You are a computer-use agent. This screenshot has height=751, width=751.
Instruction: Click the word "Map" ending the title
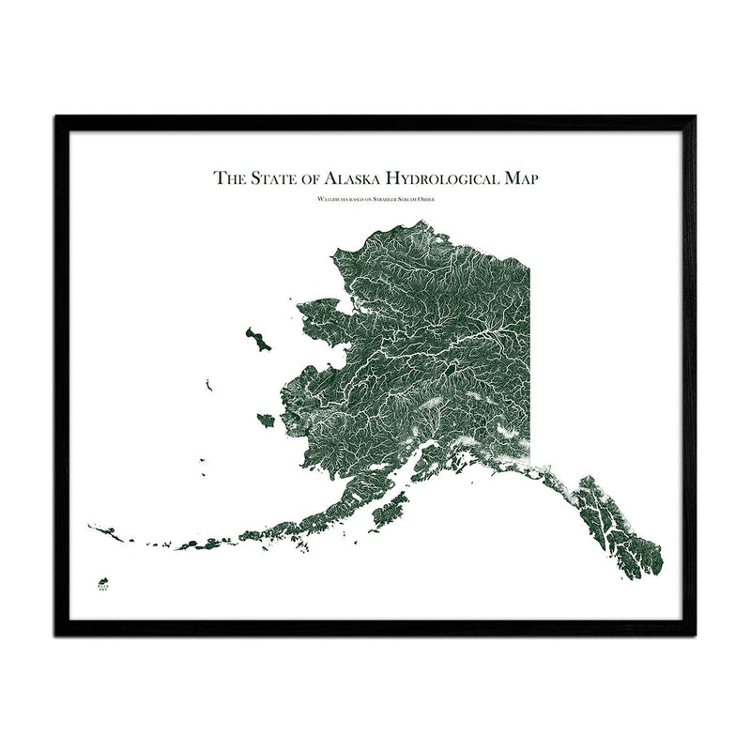pyautogui.click(x=517, y=177)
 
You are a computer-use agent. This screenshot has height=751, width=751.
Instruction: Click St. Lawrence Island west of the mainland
pyautogui.click(x=257, y=340)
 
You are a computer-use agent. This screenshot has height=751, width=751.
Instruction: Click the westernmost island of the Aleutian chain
pyautogui.click(x=94, y=527)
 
